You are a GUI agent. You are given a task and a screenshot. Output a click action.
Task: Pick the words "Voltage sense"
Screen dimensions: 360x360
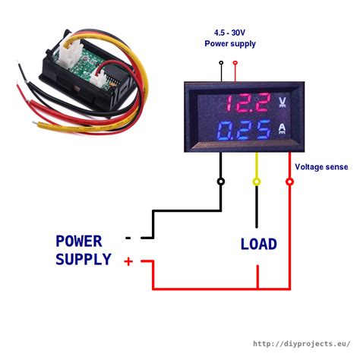pos(321,167)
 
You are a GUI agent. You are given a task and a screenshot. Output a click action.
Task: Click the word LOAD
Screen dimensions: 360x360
pos(259,245)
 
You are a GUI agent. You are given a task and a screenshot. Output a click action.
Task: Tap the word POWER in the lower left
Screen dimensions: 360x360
pos(79,242)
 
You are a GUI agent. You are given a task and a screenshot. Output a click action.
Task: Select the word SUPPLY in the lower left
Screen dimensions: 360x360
pos(84,260)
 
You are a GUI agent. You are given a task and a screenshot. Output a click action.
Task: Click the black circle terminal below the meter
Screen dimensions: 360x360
pos(221,182)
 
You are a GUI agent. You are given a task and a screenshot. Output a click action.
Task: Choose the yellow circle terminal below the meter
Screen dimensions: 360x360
pos(257,182)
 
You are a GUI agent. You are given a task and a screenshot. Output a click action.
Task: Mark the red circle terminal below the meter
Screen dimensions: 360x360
pos(290,182)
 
